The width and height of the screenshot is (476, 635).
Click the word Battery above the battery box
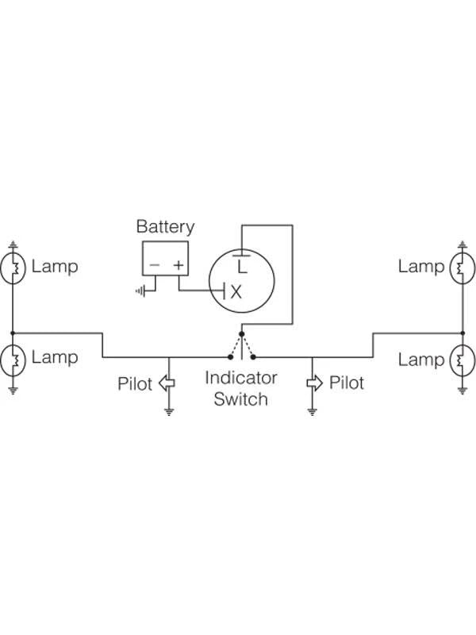(x=165, y=226)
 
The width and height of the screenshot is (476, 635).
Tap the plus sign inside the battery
(x=179, y=265)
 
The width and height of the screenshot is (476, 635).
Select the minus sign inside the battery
(x=155, y=265)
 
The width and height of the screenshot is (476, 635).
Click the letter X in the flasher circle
(x=236, y=291)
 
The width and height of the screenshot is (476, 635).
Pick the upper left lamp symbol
(x=13, y=267)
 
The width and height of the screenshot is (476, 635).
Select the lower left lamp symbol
(x=13, y=360)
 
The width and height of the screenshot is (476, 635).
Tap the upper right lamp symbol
(x=462, y=267)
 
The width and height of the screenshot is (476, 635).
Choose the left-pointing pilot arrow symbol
(x=167, y=383)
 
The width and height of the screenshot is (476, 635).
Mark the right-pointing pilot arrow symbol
(x=313, y=383)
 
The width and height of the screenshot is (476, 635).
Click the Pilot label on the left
(x=135, y=384)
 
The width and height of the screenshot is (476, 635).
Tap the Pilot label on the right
(x=347, y=383)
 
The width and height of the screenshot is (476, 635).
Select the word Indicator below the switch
(x=240, y=378)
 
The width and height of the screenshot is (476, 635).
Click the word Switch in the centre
(x=240, y=398)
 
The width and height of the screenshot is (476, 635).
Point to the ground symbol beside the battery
(x=141, y=291)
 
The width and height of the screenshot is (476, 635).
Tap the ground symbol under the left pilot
(x=168, y=412)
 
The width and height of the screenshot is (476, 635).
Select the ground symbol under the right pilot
(x=313, y=412)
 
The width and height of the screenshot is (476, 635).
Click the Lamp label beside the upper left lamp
(x=55, y=266)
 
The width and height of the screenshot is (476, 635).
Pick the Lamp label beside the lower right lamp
(x=420, y=360)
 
